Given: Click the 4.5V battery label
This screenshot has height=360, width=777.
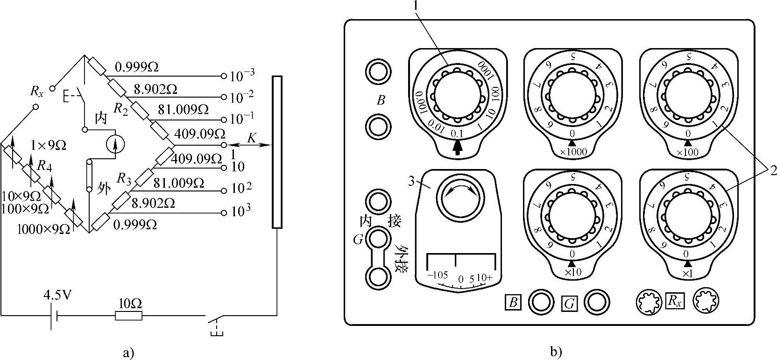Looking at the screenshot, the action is (57, 295).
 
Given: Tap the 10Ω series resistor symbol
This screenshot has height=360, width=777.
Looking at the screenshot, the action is (129, 316).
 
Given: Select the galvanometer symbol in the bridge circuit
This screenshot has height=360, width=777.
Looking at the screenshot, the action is (115, 144).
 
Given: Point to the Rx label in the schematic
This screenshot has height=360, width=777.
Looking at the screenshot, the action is (36, 91).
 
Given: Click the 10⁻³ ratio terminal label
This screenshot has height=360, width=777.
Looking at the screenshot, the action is (242, 75).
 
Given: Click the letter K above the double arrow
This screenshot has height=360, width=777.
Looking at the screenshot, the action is (251, 138).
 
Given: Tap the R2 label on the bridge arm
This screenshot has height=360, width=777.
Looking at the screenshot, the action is (121, 110).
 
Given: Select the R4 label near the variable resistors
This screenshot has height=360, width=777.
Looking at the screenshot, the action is (44, 166).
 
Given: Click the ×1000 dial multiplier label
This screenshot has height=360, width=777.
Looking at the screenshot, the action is (572, 151).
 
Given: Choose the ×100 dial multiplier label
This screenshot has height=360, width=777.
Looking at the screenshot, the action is (688, 151).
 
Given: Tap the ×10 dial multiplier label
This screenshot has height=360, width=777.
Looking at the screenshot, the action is (572, 272).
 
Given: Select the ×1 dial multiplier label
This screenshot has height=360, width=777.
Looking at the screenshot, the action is (687, 273).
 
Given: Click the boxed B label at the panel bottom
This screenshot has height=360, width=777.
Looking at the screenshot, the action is (513, 302).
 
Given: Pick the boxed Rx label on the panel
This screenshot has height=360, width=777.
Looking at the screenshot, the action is (675, 301).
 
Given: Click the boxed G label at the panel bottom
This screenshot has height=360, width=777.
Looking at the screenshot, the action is (569, 304).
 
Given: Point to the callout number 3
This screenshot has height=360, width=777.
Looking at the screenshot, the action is (411, 181).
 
